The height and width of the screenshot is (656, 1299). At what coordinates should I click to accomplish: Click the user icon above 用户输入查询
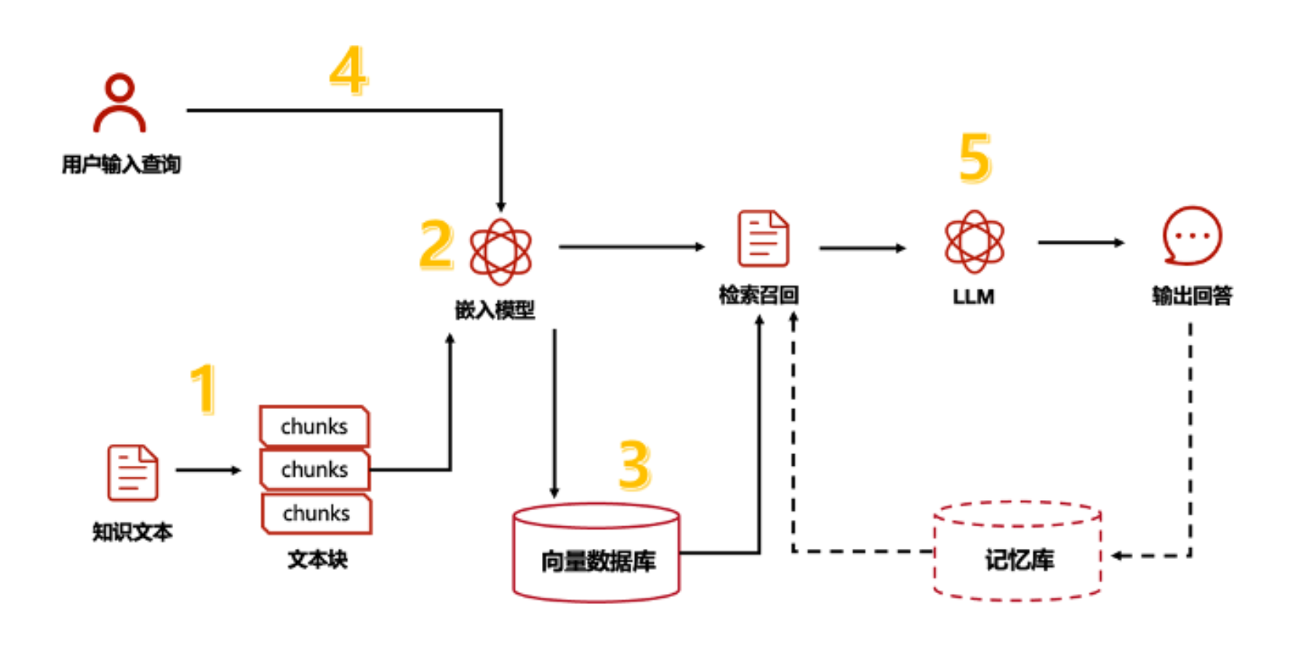pyautogui.click(x=120, y=102)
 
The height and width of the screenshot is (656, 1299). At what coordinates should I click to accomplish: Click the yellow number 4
pyautogui.click(x=348, y=70)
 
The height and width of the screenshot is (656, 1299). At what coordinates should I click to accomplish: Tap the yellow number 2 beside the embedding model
pyautogui.click(x=436, y=245)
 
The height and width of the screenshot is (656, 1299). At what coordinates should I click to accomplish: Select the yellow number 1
pyautogui.click(x=203, y=388)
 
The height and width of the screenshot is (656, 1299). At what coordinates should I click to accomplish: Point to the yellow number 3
pyautogui.click(x=634, y=465)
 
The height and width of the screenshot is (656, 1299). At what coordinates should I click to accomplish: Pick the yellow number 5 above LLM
pyautogui.click(x=975, y=158)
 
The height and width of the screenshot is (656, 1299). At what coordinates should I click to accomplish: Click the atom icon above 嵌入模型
pyautogui.click(x=501, y=252)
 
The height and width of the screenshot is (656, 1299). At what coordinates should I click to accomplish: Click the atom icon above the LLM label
pyautogui.click(x=974, y=241)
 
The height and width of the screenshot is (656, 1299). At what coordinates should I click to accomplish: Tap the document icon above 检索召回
pyautogui.click(x=762, y=238)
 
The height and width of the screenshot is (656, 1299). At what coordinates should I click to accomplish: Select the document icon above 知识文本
pyautogui.click(x=133, y=472)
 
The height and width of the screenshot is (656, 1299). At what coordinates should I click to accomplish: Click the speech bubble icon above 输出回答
pyautogui.click(x=1192, y=236)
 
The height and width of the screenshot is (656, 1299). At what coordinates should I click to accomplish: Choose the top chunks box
pyautogui.click(x=314, y=426)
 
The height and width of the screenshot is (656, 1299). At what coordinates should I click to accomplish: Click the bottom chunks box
pyautogui.click(x=317, y=513)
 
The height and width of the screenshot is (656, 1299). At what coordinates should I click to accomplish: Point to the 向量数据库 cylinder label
pyautogui.click(x=598, y=561)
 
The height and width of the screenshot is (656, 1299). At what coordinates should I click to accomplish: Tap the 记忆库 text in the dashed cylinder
pyautogui.click(x=1019, y=560)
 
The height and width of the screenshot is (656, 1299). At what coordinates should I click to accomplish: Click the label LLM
pyautogui.click(x=974, y=297)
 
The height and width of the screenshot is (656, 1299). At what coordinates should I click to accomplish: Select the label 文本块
pyautogui.click(x=318, y=559)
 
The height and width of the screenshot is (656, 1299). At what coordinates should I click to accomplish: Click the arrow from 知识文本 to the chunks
pyautogui.click(x=208, y=470)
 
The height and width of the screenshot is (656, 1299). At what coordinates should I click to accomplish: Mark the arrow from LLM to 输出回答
pyautogui.click(x=1080, y=243)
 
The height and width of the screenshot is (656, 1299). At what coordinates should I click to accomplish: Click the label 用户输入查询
pyautogui.click(x=121, y=165)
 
